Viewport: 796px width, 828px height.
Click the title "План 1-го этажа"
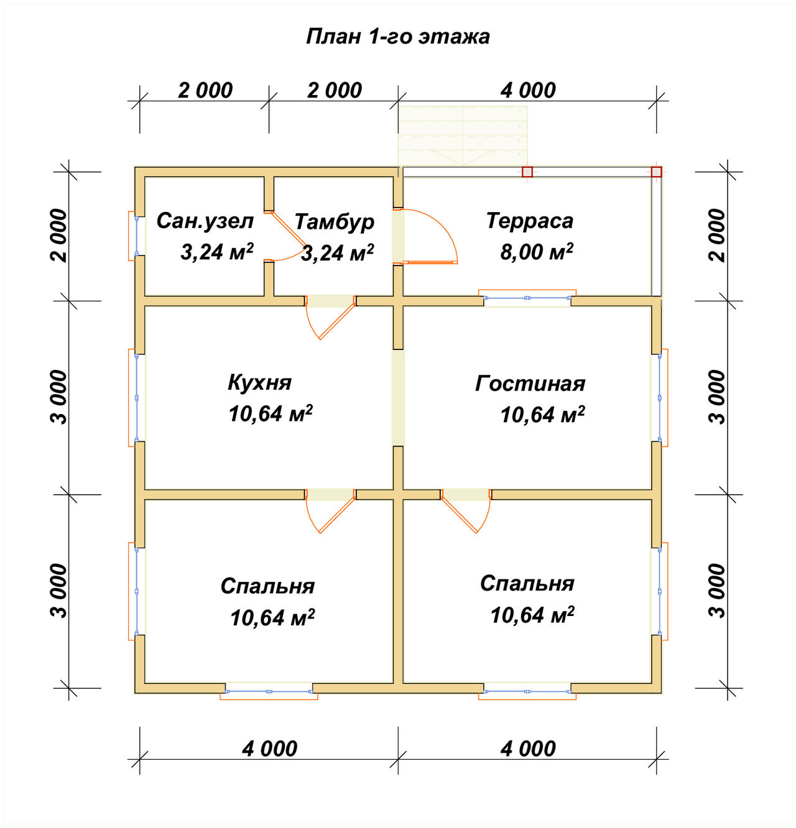click(x=397, y=37)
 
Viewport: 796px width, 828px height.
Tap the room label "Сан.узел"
click(x=205, y=221)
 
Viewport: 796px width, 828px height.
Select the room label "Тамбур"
click(x=334, y=222)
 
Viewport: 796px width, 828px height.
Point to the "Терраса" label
click(x=530, y=221)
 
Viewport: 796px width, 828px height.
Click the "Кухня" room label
click(x=259, y=382)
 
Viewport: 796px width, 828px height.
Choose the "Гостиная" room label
click(x=530, y=384)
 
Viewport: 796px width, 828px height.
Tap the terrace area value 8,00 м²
click(x=536, y=252)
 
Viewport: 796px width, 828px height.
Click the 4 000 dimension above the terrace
click(x=528, y=91)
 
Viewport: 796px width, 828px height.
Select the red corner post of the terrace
click(x=656, y=172)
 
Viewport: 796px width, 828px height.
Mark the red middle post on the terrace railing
click(x=527, y=172)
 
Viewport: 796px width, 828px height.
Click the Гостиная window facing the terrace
click(x=527, y=297)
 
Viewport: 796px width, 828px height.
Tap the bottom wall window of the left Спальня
click(x=269, y=692)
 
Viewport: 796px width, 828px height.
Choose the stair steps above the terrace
click(x=463, y=136)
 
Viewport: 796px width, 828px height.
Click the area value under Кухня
click(x=271, y=413)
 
